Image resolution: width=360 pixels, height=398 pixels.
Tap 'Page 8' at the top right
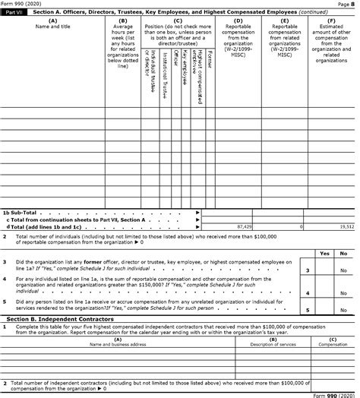[348, 4]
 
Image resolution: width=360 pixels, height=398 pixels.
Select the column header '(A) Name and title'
[52, 24]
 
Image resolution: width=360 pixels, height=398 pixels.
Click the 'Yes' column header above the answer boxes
[324, 253]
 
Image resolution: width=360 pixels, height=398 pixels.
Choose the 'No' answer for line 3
[343, 270]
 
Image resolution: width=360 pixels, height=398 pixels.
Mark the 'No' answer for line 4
[343, 292]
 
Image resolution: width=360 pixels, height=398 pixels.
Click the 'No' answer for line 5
[343, 310]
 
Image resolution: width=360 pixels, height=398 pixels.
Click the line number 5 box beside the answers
[307, 310]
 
